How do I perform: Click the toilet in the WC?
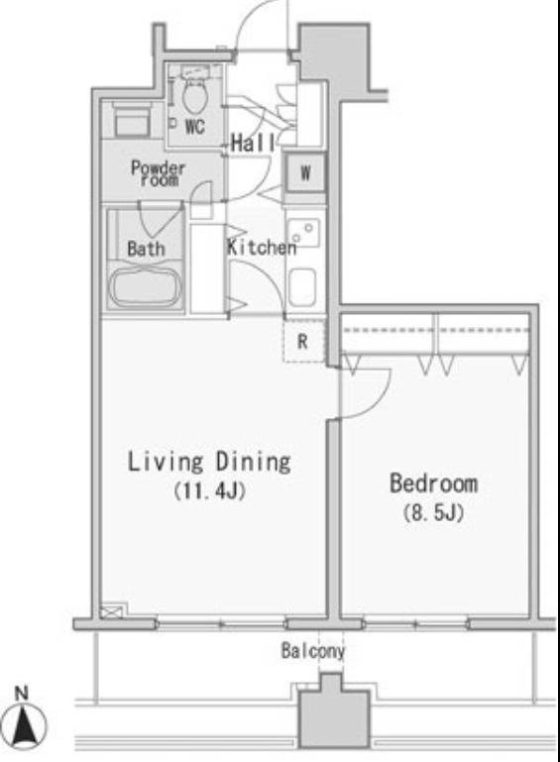coord(195,96)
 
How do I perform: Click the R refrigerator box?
coord(305,342)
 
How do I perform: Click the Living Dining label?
coord(208,462)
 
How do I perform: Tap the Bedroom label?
coord(433,485)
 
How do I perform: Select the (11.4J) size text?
coord(209,491)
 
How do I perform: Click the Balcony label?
coord(312,652)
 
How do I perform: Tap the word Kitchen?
coord(262,248)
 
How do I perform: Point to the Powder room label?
coord(158,173)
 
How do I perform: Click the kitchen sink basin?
coord(302,288)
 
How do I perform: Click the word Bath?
coord(146,249)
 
